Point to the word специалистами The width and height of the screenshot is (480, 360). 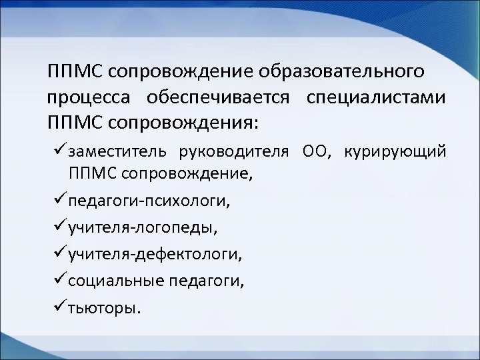376,97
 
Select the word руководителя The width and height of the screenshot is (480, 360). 235,153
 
